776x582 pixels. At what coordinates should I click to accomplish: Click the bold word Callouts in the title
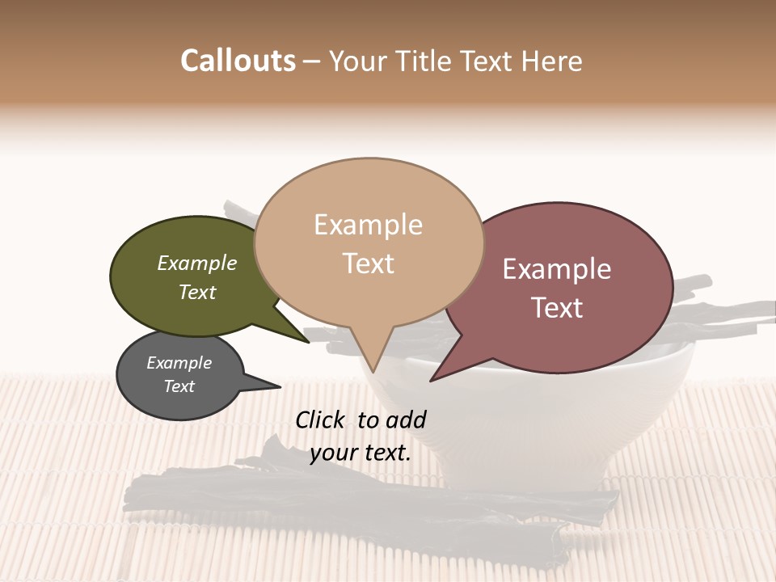pyautogui.click(x=238, y=61)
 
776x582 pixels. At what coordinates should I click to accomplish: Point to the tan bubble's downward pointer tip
pyautogui.click(x=373, y=370)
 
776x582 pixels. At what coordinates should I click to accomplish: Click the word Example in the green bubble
pyautogui.click(x=196, y=264)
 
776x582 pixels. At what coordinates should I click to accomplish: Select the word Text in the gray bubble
pyautogui.click(x=179, y=386)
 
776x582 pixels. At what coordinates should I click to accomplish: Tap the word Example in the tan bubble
pyautogui.click(x=368, y=225)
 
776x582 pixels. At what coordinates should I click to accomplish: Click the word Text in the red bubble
pyautogui.click(x=558, y=308)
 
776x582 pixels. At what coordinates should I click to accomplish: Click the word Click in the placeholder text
pyautogui.click(x=323, y=420)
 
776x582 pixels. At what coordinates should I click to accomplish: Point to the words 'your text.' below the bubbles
pyautogui.click(x=361, y=453)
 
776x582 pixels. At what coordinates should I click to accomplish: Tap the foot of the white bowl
pyautogui.click(x=525, y=477)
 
